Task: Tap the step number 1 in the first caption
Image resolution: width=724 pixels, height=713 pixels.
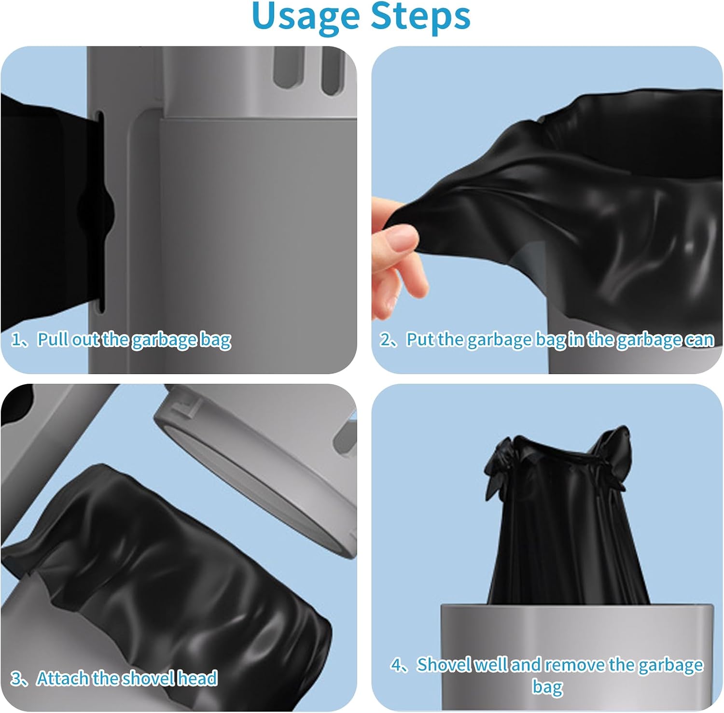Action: click(x=16, y=340)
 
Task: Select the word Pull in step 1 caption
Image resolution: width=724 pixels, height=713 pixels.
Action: click(x=52, y=339)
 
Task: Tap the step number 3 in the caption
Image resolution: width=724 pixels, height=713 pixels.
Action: click(x=16, y=679)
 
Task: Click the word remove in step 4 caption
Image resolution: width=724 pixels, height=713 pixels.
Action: click(x=575, y=665)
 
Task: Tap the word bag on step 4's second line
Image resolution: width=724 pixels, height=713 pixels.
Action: click(x=547, y=687)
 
